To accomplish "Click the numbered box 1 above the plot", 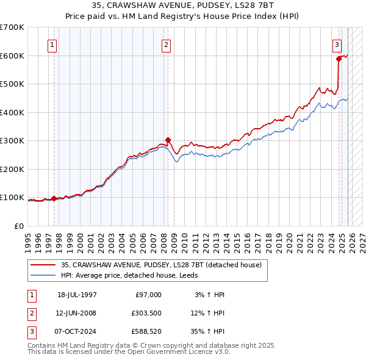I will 52,44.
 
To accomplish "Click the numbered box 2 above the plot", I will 166,44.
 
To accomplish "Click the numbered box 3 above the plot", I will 337,44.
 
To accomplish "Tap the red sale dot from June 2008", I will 168,140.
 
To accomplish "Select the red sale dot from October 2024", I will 339,59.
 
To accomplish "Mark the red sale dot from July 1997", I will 54,198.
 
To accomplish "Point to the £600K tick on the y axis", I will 12,56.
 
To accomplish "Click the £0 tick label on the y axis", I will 19,226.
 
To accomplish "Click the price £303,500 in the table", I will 147,313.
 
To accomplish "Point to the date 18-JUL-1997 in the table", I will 77,295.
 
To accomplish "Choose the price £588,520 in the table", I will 147,331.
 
